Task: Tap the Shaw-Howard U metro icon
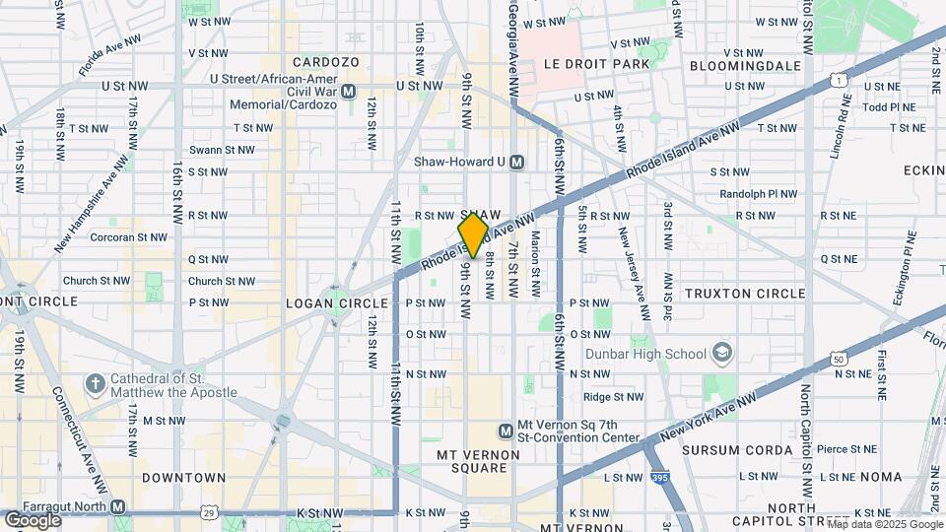point(517,162)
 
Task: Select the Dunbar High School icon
point(723,354)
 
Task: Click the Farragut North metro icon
point(118,506)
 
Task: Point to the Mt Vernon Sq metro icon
point(506,430)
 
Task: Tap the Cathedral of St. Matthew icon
point(95,382)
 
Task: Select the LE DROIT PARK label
point(597,64)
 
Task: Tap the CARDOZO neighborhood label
point(325,61)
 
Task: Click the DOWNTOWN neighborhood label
point(183,477)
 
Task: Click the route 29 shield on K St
point(208,512)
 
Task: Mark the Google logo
point(33,520)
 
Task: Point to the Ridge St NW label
point(613,397)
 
